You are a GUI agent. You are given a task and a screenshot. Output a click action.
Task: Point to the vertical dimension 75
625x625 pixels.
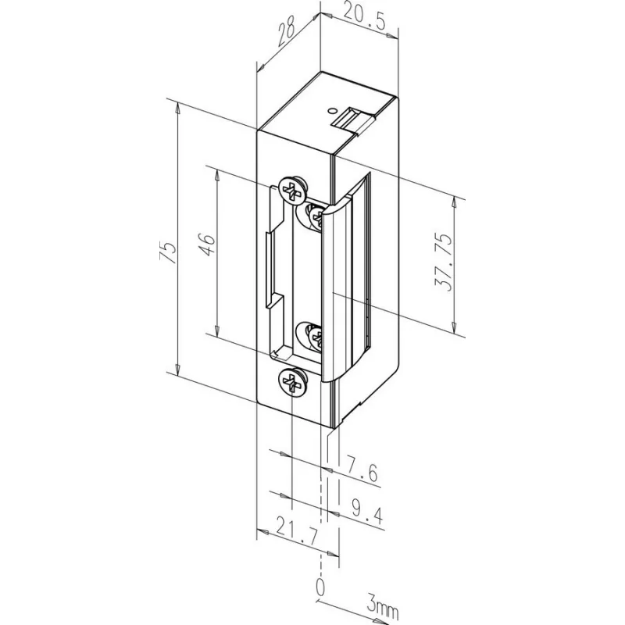pos(166,251)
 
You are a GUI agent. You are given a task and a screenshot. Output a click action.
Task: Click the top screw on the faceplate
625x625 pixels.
pos(292,190)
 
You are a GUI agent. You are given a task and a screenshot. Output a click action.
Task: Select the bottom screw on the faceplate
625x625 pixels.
pos(290,382)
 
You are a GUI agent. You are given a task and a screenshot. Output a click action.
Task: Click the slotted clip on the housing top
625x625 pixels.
pos(353,119)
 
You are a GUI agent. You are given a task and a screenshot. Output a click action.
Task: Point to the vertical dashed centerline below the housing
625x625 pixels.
pos(320,500)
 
